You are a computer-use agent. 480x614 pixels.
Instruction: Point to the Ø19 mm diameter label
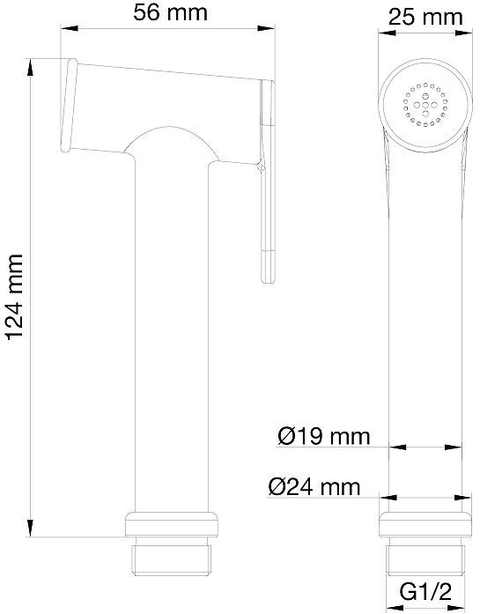pos(324,436)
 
